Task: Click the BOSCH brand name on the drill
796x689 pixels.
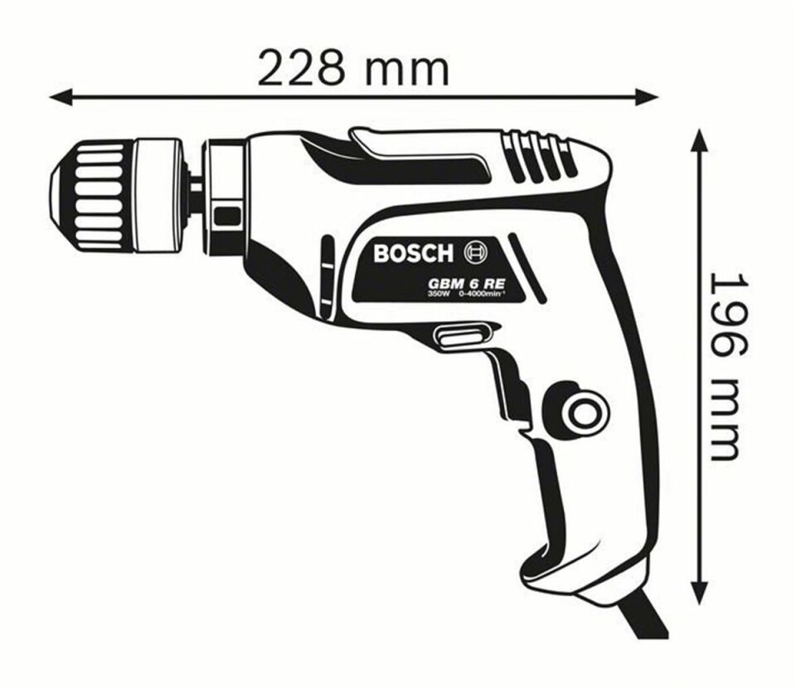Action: coord(413,252)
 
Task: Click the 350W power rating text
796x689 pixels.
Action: coord(437,294)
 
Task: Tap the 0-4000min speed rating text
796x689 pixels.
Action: coord(478,294)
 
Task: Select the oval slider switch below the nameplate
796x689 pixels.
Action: coord(459,336)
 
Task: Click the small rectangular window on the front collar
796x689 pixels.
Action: coord(226,217)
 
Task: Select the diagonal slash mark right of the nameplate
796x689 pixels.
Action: coord(528,267)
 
